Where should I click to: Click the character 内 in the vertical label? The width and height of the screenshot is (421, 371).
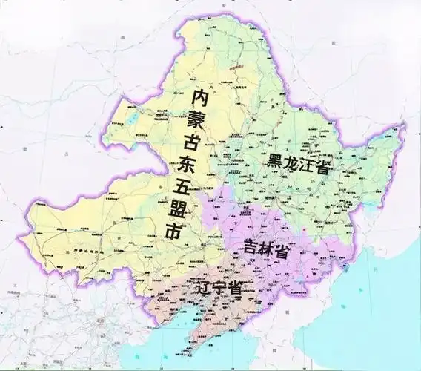pyautogui.click(x=199, y=97)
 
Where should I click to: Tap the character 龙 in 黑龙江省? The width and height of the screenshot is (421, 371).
pyautogui.click(x=297, y=163)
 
